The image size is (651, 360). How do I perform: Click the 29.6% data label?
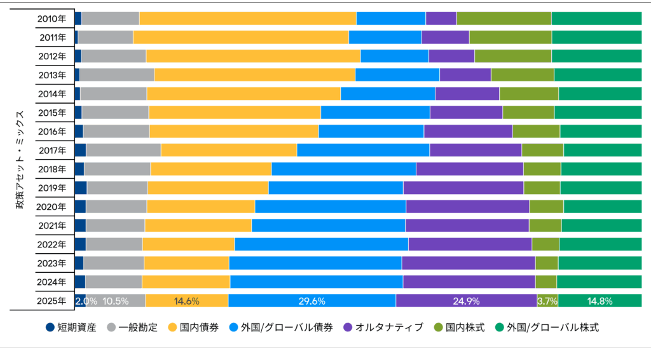(x=312, y=301)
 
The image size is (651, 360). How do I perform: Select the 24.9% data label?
(x=466, y=301)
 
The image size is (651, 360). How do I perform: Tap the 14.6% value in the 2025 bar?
(x=187, y=301)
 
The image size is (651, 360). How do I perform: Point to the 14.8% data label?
(x=600, y=301)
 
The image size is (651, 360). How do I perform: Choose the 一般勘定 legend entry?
(x=129, y=328)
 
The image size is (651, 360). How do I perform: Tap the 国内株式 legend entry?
(x=459, y=328)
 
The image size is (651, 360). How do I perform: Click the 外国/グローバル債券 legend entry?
(x=281, y=328)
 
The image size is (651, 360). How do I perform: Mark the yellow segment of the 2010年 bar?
(x=247, y=18)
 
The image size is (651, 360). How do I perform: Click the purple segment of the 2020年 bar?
(x=467, y=207)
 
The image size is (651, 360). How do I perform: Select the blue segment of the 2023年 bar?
(x=315, y=263)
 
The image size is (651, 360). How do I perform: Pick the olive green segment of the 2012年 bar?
(x=512, y=56)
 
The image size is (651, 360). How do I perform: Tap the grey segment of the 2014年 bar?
(x=113, y=94)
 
